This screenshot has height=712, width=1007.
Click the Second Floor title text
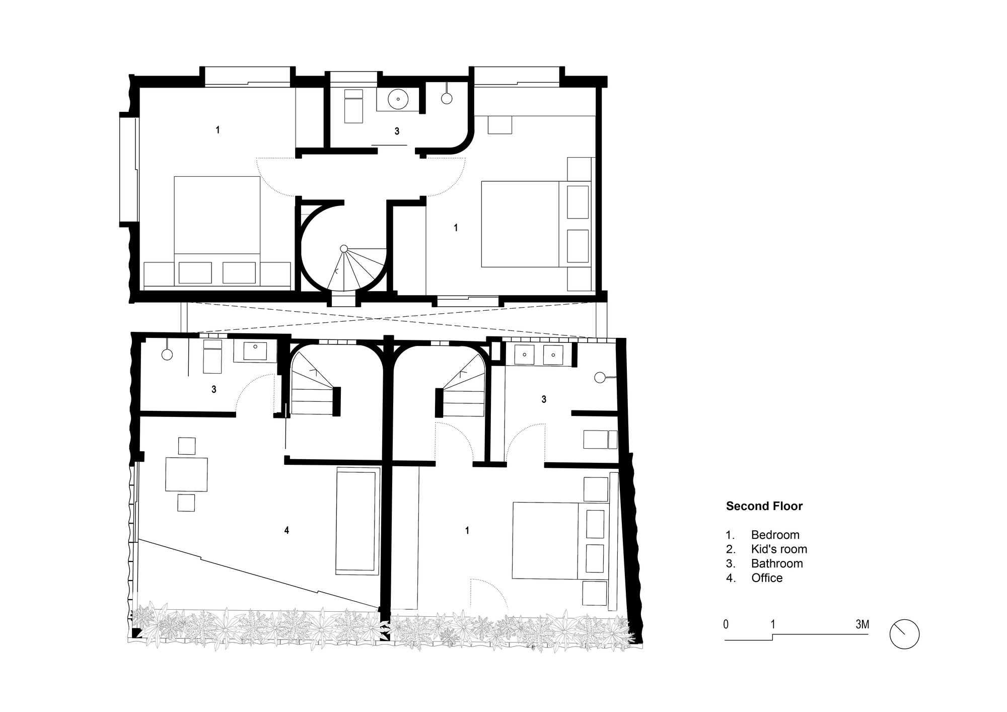(x=764, y=506)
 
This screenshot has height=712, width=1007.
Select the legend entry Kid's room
(x=778, y=549)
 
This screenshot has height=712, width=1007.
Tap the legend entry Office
(x=767, y=578)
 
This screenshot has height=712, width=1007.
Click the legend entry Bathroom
(x=776, y=563)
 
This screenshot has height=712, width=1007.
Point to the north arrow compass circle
(x=904, y=634)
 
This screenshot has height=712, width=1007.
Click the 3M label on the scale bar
(x=862, y=625)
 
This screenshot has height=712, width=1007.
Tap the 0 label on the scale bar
(x=726, y=625)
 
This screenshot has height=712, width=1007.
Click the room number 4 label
(x=286, y=530)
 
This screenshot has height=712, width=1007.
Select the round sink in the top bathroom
(x=398, y=99)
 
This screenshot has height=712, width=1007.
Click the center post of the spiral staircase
(x=344, y=248)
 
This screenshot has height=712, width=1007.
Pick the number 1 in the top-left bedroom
(x=218, y=130)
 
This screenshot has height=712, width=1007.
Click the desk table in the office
(x=186, y=474)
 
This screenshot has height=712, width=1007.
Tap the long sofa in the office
(x=357, y=521)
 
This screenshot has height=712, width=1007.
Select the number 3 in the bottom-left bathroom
(x=214, y=389)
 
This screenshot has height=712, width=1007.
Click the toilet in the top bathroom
(x=353, y=106)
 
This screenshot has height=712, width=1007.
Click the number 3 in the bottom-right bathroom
(x=544, y=399)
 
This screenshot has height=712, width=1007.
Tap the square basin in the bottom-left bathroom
(x=256, y=350)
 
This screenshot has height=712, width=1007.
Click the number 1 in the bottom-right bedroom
(x=467, y=530)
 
